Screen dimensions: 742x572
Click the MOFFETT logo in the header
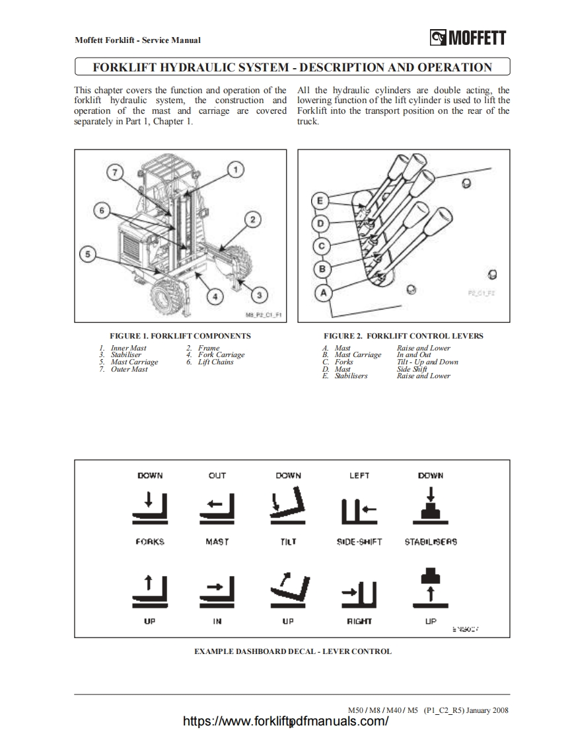(468, 38)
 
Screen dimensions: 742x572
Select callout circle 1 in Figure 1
(234, 170)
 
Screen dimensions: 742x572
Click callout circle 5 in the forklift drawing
(90, 253)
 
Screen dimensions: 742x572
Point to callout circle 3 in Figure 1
(260, 294)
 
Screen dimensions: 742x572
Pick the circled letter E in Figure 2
(320, 200)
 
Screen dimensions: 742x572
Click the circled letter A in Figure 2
(324, 292)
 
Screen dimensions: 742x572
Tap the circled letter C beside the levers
(322, 247)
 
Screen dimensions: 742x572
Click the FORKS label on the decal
(150, 542)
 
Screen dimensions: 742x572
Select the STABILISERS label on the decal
(431, 542)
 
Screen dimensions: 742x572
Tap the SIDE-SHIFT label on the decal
(359, 542)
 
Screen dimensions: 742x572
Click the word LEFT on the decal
(359, 475)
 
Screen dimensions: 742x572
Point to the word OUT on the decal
(217, 475)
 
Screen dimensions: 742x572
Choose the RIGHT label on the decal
(359, 621)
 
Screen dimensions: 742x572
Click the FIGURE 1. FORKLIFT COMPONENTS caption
(180, 336)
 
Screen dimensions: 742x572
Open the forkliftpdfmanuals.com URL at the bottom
(285, 721)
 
